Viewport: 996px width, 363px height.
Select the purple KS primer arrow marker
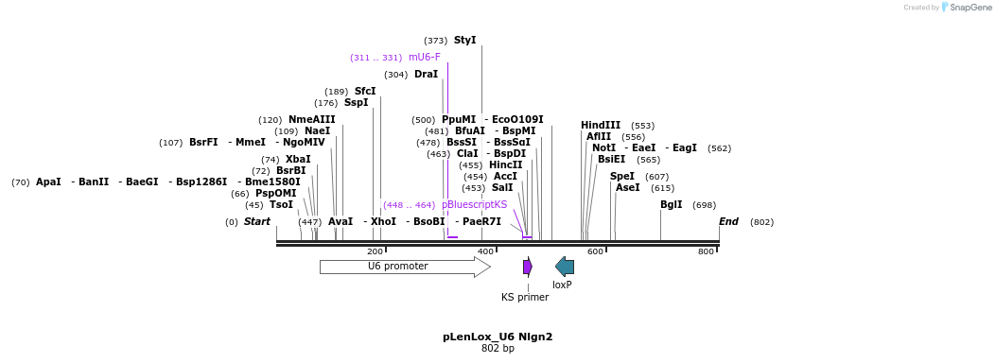pyautogui.click(x=528, y=267)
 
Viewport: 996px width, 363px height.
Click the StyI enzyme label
pyautogui.click(x=465, y=41)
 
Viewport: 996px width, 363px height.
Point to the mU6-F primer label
pyautogui.click(x=425, y=58)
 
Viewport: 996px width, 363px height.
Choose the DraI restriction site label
pyautogui.click(x=426, y=75)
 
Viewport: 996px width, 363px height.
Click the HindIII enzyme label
pyautogui.click(x=601, y=126)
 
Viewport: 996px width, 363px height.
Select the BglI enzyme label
pyautogui.click(x=671, y=205)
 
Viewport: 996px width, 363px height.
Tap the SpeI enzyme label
pyautogui.click(x=622, y=177)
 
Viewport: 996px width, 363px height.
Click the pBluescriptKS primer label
pyautogui.click(x=474, y=205)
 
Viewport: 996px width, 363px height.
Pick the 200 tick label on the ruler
pyautogui.click(x=375, y=251)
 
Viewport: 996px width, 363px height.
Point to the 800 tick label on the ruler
pyautogui.click(x=706, y=251)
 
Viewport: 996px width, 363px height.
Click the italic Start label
pyautogui.click(x=257, y=222)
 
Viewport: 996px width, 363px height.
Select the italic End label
pyautogui.click(x=728, y=222)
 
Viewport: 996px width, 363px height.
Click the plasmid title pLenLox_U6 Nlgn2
pyautogui.click(x=498, y=337)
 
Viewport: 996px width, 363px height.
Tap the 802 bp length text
pyautogui.click(x=498, y=349)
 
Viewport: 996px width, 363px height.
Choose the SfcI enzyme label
pyautogui.click(x=365, y=92)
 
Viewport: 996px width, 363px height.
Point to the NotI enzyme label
pyautogui.click(x=603, y=148)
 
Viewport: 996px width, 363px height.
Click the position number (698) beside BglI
pyautogui.click(x=704, y=205)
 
